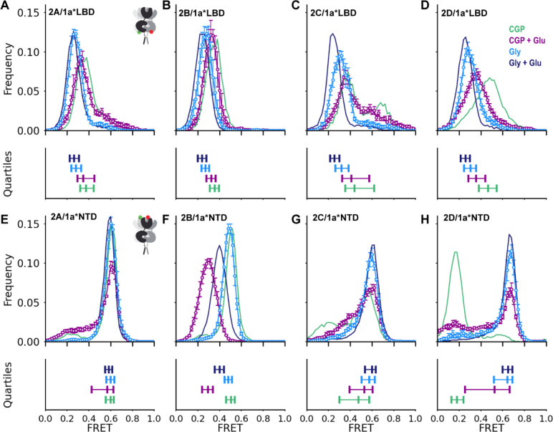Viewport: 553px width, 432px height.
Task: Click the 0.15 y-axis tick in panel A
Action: [31, 14]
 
